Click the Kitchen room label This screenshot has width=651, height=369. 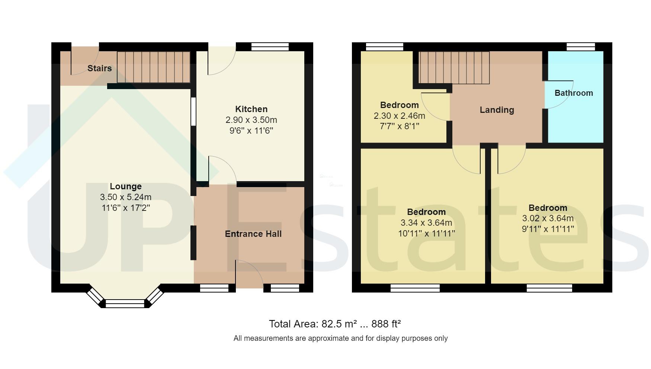click(x=251, y=109)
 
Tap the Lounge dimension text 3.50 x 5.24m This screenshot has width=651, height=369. click(x=125, y=197)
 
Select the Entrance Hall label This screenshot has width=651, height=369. click(x=253, y=234)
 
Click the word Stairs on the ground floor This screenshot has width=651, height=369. click(x=99, y=68)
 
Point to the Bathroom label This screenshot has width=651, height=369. click(x=574, y=93)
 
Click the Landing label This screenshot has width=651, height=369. click(x=497, y=110)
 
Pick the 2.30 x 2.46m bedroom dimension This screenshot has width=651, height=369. click(x=399, y=116)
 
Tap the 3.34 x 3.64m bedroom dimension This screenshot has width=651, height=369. click(x=426, y=223)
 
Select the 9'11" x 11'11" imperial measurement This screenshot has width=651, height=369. click(x=548, y=229)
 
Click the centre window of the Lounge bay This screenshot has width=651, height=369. click(x=125, y=304)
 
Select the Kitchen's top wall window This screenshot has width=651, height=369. click(x=270, y=47)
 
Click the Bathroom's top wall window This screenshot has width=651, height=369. click(x=580, y=47)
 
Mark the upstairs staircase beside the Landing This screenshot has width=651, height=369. click(x=454, y=68)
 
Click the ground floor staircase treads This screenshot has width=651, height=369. click(x=153, y=67)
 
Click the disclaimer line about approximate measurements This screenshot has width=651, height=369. click(x=340, y=338)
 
